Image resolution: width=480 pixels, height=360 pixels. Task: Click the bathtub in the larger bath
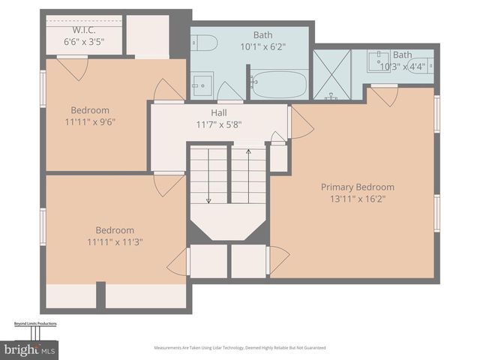(278, 84)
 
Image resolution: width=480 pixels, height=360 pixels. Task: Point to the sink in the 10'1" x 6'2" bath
(201, 83)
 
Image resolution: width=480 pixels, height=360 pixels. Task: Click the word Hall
(219, 112)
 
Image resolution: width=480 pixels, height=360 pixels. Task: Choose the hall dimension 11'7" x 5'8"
(219, 124)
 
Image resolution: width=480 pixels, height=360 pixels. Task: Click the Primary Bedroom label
(357, 187)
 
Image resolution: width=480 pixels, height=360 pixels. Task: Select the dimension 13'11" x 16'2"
(357, 199)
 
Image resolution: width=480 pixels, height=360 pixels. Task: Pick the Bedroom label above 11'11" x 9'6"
(90, 109)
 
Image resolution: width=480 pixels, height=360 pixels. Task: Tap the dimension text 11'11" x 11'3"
(115, 241)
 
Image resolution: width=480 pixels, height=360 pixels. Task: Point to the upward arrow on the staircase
(248, 154)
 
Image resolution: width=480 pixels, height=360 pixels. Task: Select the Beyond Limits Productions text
(35, 324)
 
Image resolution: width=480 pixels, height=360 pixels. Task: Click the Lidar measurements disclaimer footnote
(239, 348)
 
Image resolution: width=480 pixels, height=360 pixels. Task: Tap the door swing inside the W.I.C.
(73, 67)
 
